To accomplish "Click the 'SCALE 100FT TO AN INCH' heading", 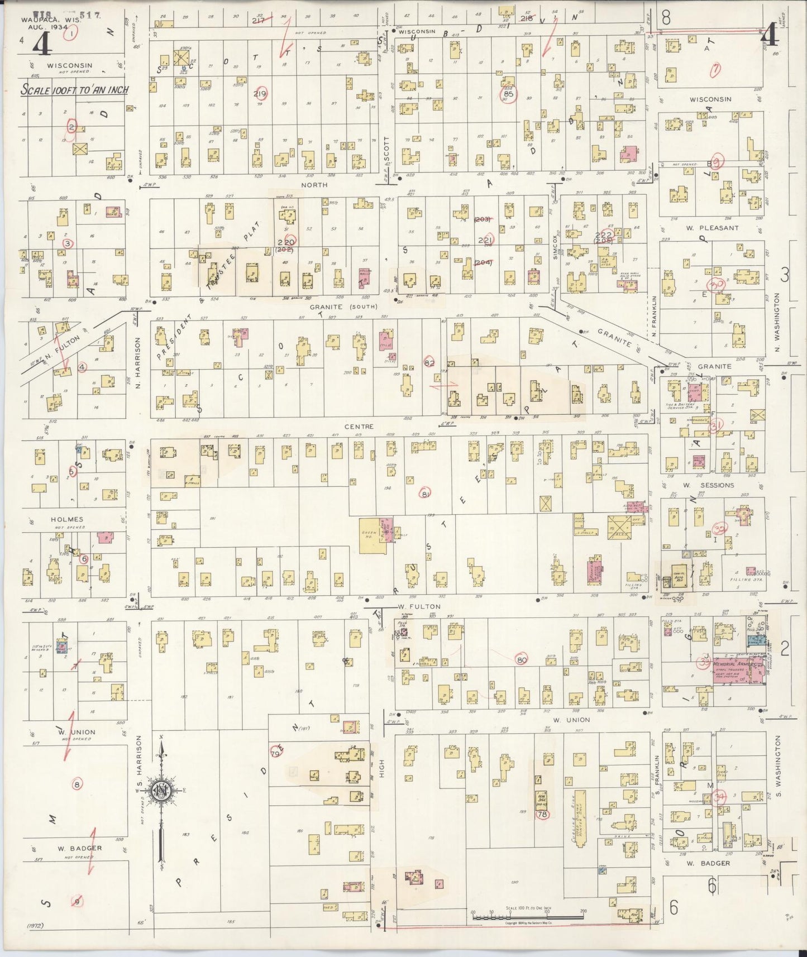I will click(x=74, y=90).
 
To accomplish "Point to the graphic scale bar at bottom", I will click(x=527, y=915).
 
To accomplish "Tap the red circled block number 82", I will click(x=429, y=363).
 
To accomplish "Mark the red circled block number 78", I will click(x=542, y=815).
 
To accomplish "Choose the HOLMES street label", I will click(x=67, y=519).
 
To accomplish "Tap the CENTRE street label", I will click(x=359, y=427).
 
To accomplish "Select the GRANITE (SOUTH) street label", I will click(x=344, y=307).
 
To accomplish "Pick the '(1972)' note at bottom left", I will click(x=35, y=926).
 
